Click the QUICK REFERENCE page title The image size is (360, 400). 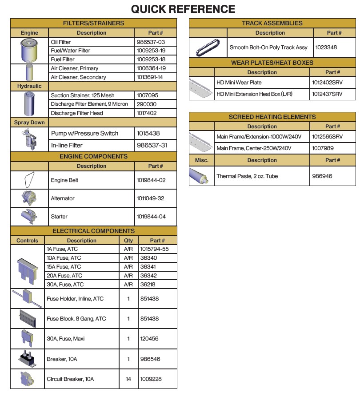183,9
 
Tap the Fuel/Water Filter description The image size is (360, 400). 71,51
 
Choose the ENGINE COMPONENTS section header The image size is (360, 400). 93,156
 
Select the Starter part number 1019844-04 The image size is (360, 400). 151,217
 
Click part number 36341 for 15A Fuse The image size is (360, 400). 148,267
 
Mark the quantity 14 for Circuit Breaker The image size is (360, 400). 128,379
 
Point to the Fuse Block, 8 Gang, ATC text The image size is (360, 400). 76,319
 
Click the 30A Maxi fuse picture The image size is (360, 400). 27,338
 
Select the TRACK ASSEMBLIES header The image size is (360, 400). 272,23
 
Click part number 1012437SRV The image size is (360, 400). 327,94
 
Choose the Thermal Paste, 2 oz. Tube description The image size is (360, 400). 247,176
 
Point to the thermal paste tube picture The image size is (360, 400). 201,176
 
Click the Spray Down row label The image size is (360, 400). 29,123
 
